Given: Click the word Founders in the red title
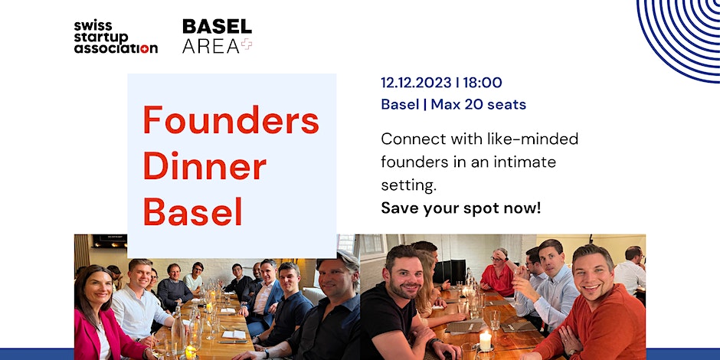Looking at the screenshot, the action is [x=231, y=119].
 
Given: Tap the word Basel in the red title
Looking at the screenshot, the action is [x=193, y=211].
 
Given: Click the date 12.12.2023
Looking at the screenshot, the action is [x=416, y=83].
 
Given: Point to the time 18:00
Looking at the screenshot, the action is [x=482, y=83].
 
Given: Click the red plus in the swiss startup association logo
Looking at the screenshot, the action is [x=144, y=49].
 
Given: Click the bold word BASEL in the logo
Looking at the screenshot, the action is [x=218, y=26].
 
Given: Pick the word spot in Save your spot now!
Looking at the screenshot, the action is [x=481, y=208].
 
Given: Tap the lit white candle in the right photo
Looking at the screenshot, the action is [x=486, y=341].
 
